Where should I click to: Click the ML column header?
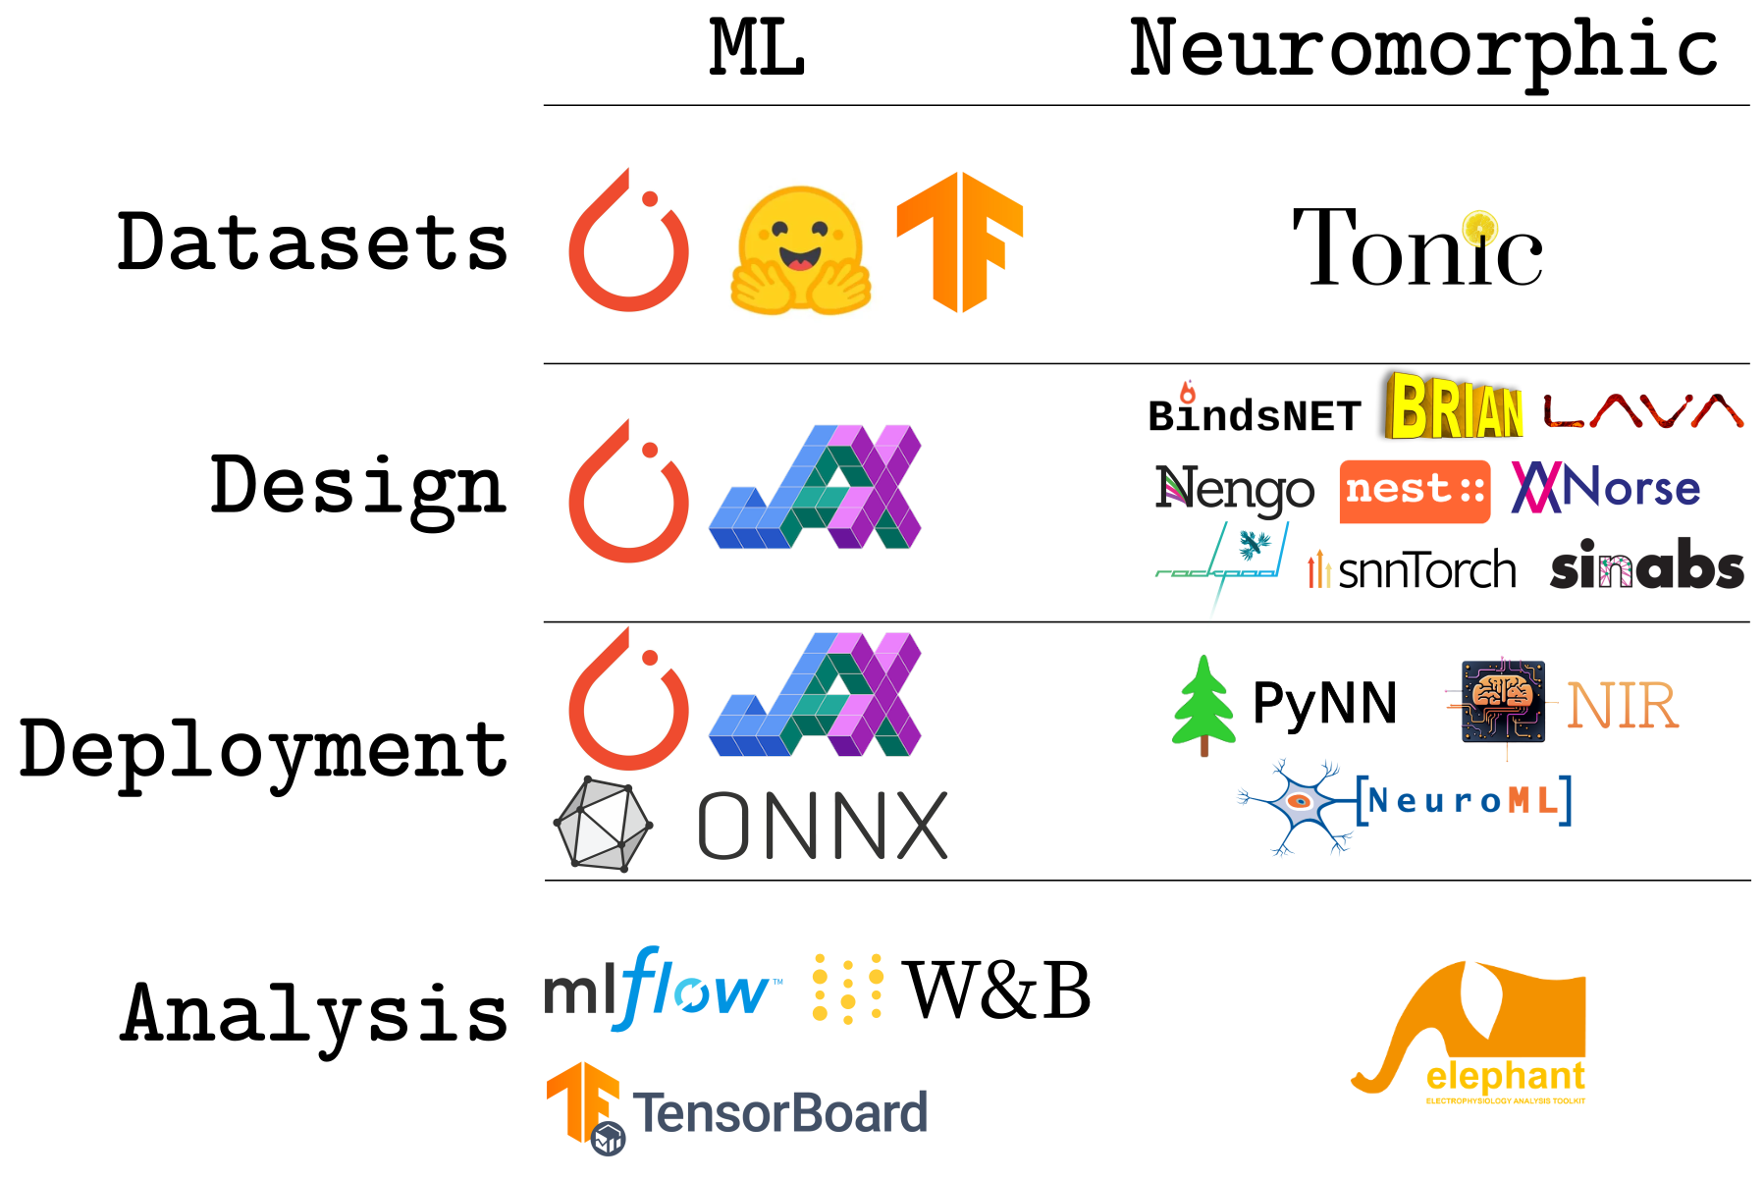click(757, 49)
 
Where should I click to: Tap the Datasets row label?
click(312, 242)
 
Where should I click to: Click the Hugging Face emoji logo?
click(800, 250)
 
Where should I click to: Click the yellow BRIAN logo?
click(1454, 405)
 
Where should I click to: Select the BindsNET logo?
click(1254, 413)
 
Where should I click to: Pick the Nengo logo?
click(1234, 489)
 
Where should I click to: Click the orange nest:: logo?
click(1415, 490)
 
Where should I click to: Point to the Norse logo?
click(1606, 487)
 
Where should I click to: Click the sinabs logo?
click(1646, 567)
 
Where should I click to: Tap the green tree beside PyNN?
click(1203, 704)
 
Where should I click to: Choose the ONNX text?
click(823, 827)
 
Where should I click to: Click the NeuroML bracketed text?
click(1464, 801)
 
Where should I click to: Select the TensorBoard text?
click(779, 1113)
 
